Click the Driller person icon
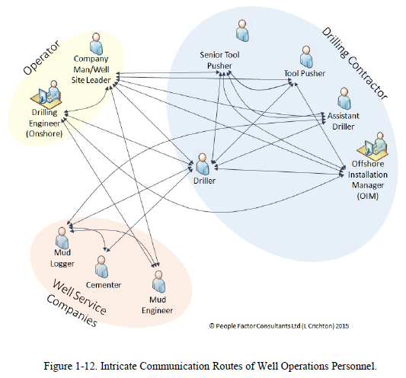[203, 164]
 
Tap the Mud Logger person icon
[62, 238]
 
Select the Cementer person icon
[101, 267]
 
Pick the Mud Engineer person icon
[158, 282]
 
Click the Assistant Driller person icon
[344, 98]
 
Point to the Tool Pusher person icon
[306, 56]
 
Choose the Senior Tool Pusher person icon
[243, 30]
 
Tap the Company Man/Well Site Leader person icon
[96, 43]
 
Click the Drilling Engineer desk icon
[46, 94]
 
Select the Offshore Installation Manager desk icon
[372, 146]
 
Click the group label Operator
[42, 57]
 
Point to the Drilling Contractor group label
[354, 63]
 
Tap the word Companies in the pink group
[72, 310]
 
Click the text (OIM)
[368, 196]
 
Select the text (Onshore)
[44, 133]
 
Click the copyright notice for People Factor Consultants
[279, 325]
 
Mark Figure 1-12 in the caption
[70, 366]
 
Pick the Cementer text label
[104, 285]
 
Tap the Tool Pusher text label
[305, 73]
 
